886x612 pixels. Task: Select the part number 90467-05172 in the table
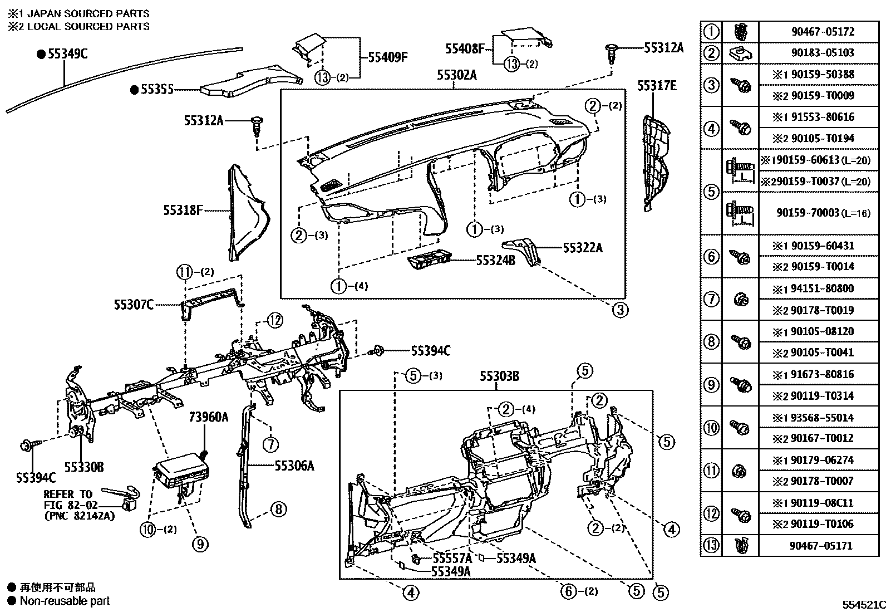[823, 32]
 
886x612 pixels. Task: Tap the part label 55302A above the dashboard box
[456, 75]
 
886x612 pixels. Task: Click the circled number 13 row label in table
[711, 546]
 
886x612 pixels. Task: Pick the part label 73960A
[208, 417]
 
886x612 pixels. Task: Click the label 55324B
[495, 260]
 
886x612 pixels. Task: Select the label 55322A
[582, 248]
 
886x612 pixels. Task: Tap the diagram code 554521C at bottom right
[862, 604]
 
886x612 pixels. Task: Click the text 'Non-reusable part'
[65, 601]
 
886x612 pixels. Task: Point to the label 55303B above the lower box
[499, 377]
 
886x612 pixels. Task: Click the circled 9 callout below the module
[200, 544]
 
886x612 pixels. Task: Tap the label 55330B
[83, 467]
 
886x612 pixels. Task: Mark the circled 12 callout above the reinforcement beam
[274, 320]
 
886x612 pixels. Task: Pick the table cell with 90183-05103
[823, 53]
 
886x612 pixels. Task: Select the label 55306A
[294, 466]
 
